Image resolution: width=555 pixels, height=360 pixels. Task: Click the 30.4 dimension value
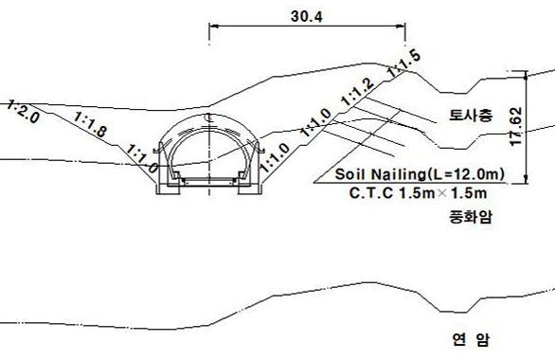(307, 16)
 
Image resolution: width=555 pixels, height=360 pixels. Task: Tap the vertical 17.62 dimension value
(516, 126)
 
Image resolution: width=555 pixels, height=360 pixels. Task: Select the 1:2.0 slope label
(23, 112)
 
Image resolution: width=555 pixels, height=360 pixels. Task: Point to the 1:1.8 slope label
(90, 124)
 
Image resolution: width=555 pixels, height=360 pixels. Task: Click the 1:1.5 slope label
(403, 63)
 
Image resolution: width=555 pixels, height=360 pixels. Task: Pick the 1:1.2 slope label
(357, 91)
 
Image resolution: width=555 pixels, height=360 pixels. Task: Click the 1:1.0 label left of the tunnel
(142, 158)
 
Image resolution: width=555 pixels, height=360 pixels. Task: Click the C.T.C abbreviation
(371, 193)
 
